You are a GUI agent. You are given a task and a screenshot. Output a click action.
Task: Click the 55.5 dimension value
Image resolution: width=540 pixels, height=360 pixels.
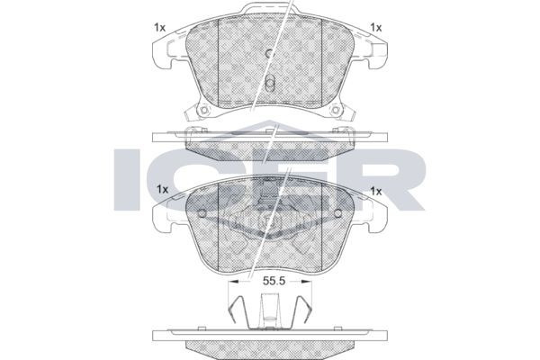274,281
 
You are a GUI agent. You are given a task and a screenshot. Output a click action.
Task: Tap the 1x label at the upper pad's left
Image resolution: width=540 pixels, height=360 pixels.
159,28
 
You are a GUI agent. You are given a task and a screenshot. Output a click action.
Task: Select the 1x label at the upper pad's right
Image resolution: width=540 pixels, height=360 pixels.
375,28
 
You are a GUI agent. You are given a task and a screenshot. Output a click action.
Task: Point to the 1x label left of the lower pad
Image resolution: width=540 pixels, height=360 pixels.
162,190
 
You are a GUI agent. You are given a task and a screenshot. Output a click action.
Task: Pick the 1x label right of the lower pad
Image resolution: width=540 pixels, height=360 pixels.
375,191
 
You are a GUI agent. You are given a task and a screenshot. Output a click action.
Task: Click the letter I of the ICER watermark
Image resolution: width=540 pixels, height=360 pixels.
127,179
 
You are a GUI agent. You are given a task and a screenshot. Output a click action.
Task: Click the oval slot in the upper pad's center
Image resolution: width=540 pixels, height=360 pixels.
270,83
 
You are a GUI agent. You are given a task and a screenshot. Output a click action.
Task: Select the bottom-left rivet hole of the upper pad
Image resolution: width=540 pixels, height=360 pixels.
204,110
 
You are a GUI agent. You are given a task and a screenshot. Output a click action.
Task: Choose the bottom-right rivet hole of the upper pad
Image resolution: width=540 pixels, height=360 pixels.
335,110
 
